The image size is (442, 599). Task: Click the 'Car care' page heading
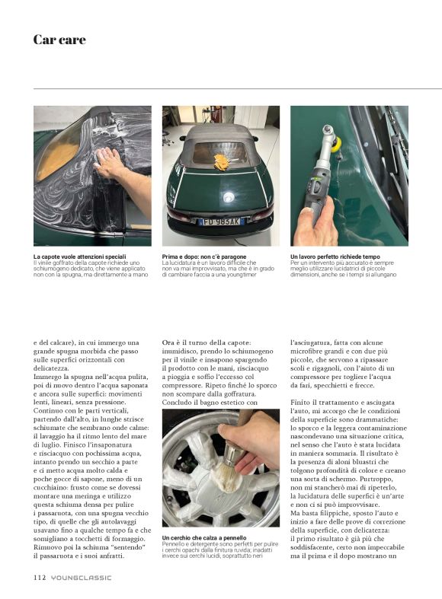(59, 40)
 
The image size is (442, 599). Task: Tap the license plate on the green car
(220, 221)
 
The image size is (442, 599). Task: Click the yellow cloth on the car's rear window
(222, 162)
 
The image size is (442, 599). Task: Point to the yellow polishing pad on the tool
(337, 144)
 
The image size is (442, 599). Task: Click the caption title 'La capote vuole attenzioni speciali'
(79, 256)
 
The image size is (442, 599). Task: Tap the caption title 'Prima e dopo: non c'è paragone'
(204, 256)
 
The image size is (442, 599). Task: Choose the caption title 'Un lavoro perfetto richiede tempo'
(335, 256)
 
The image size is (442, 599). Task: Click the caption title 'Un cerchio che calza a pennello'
(204, 538)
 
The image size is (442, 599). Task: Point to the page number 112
(40, 577)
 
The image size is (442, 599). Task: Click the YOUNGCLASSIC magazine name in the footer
(82, 578)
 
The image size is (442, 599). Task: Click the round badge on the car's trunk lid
(229, 197)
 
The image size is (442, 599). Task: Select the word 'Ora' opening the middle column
(168, 343)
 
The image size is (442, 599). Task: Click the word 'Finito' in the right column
(300, 403)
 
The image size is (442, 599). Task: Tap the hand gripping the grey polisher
(318, 224)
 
